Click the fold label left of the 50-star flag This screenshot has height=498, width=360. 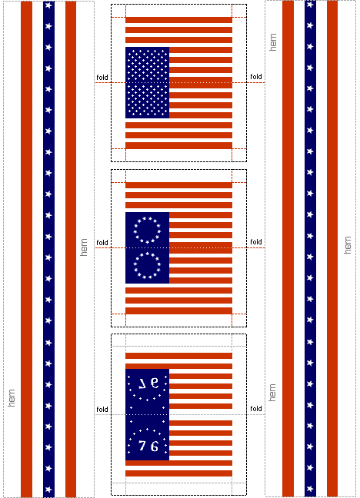point(102,77)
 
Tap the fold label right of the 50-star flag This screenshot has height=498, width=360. point(256,77)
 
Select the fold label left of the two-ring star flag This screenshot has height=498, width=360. point(102,242)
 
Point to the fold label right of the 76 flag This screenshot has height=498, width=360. point(256,408)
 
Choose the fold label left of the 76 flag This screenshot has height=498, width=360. point(102,409)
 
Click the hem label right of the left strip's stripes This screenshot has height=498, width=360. point(83,247)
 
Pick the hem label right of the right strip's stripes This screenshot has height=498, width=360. point(348,245)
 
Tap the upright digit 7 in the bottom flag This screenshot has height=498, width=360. point(142,446)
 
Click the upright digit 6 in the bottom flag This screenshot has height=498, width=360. point(155,447)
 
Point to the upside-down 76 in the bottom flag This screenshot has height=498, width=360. point(148,383)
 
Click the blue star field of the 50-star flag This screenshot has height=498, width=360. point(147,82)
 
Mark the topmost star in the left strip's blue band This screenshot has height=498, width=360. point(48,5)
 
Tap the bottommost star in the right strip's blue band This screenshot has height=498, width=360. point(310,489)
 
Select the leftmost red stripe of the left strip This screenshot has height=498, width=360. point(26,249)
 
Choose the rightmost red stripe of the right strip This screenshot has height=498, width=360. point(332,248)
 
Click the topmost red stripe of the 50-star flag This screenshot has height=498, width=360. point(178,20)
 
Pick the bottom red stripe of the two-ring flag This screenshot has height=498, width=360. point(178,310)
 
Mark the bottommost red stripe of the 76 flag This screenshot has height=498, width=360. point(178,473)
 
